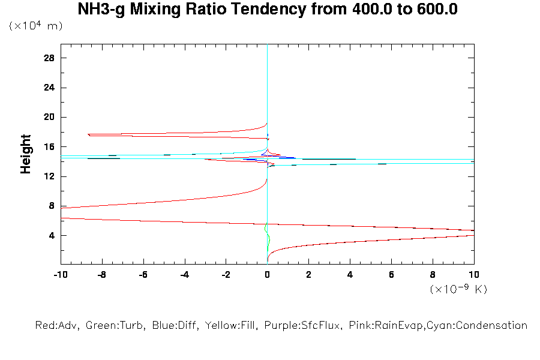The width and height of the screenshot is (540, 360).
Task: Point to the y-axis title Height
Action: tap(26, 154)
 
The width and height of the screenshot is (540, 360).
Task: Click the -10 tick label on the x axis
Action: tap(60, 275)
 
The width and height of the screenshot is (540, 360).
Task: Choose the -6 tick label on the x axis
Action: tap(143, 275)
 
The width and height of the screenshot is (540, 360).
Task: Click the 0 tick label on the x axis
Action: tap(267, 275)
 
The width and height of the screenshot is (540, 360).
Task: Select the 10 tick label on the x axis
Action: tap(474, 275)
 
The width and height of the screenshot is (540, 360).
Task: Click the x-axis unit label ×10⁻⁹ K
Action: tap(458, 289)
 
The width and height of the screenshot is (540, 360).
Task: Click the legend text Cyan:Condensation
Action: tap(479, 326)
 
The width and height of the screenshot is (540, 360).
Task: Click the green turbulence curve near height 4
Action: tap(269, 240)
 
